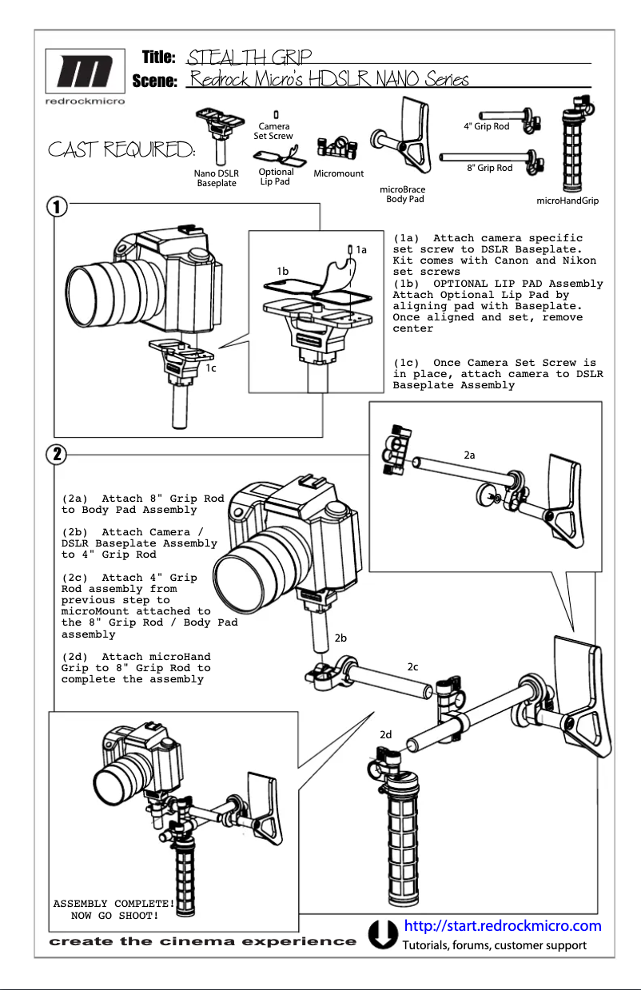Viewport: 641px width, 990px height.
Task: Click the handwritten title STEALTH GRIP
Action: [248, 58]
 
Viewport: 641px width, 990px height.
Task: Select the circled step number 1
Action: [55, 206]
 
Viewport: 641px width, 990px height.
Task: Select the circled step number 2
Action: [55, 454]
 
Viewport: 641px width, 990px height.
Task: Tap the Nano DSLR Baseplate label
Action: [217, 178]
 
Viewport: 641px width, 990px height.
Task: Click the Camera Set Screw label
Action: [273, 131]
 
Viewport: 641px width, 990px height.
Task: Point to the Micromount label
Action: [338, 173]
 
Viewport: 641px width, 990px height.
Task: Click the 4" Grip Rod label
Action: [486, 126]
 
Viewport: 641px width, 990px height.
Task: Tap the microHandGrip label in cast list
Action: [567, 201]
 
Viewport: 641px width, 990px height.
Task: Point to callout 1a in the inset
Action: [361, 250]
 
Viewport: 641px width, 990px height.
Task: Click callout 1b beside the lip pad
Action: [283, 272]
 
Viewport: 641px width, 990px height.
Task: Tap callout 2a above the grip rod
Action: [470, 455]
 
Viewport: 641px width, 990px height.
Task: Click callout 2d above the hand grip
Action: [386, 734]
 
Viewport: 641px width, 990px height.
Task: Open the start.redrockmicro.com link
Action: [503, 926]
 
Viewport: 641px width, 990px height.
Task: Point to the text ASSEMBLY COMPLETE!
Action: [113, 904]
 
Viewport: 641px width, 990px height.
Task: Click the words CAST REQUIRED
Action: [121, 150]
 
